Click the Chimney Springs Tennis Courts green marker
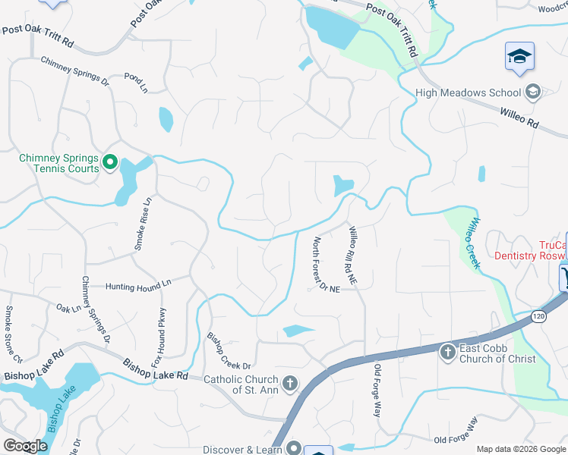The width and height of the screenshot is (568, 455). (x=109, y=162)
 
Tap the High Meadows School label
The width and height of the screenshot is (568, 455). (x=469, y=93)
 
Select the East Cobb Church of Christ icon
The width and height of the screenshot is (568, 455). (x=447, y=350)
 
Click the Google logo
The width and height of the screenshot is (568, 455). (x=25, y=446)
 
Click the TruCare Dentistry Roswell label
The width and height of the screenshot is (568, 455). (x=532, y=250)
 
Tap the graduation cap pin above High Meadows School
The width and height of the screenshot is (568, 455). (x=519, y=57)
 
